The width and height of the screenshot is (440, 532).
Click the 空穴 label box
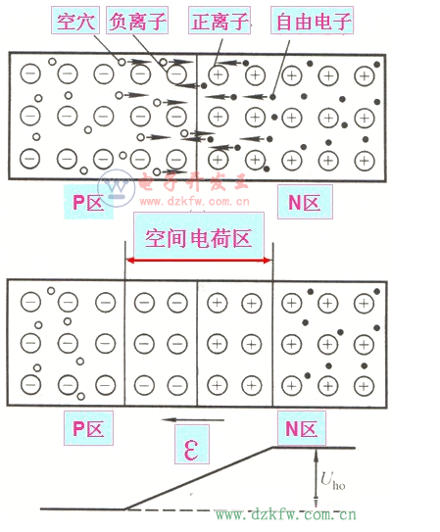click(75, 21)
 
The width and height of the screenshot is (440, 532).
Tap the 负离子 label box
click(137, 21)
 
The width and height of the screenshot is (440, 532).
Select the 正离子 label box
click(220, 21)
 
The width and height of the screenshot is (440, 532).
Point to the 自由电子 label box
click(312, 21)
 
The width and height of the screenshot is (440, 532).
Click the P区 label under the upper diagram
click(88, 202)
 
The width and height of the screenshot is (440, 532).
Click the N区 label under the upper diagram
click(305, 202)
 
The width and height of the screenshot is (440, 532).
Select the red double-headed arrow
click(199, 261)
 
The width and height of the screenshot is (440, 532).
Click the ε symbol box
click(192, 445)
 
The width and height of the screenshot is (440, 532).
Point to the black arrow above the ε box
click(193, 420)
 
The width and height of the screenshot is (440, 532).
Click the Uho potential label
click(332, 481)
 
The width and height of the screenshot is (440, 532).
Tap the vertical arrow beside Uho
click(316, 478)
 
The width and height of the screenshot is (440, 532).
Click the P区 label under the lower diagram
click(88, 428)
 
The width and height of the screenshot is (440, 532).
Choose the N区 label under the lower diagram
click(302, 428)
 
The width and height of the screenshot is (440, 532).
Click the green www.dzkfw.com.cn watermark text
click(285, 514)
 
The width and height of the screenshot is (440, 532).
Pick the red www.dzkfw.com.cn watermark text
click(195, 202)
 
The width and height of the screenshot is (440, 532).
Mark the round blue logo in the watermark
click(116, 187)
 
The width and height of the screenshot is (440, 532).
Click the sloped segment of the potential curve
click(199, 478)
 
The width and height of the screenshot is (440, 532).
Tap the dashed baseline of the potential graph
click(220, 509)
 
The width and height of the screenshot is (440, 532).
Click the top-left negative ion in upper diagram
click(30, 73)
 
